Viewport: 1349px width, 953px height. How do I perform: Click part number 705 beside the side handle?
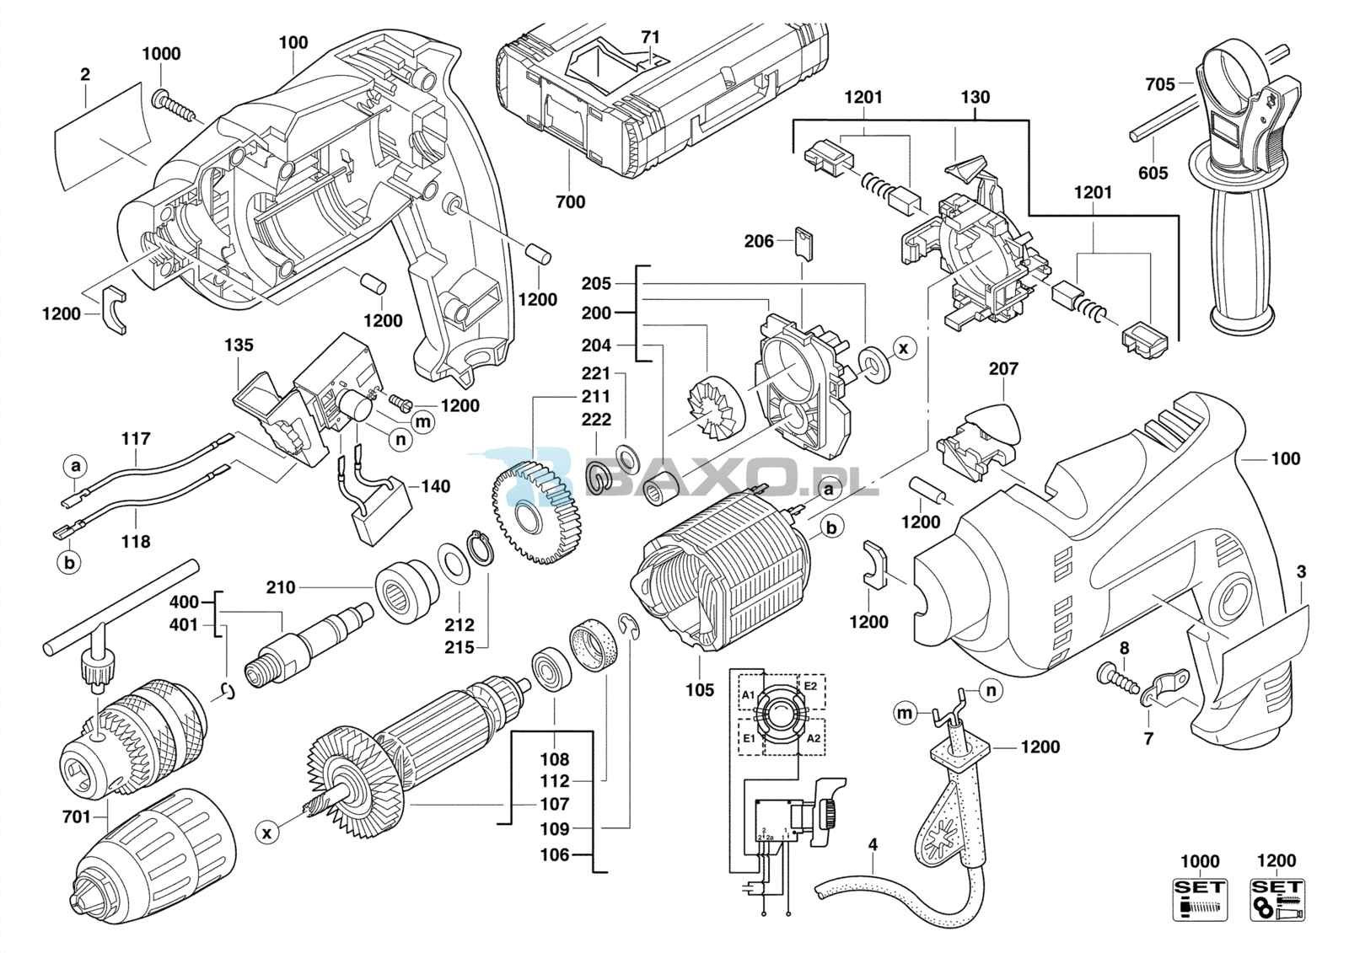click(x=1159, y=83)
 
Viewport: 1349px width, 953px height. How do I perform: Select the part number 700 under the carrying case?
click(x=571, y=202)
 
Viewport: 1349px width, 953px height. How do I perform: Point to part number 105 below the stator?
click(x=700, y=690)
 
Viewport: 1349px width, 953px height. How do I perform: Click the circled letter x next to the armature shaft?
click(x=266, y=833)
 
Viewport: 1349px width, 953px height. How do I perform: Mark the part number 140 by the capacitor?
click(x=435, y=486)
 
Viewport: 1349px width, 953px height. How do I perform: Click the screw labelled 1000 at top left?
click(x=173, y=106)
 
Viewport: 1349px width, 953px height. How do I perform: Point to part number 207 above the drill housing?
click(x=1003, y=368)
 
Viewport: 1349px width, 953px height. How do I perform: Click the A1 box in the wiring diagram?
click(x=749, y=694)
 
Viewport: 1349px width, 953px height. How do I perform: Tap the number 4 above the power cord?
click(x=873, y=843)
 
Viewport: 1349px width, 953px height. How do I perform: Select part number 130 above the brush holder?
click(x=975, y=98)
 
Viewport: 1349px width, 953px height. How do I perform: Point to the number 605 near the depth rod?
click(x=1153, y=174)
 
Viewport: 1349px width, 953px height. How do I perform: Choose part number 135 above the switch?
click(x=239, y=345)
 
